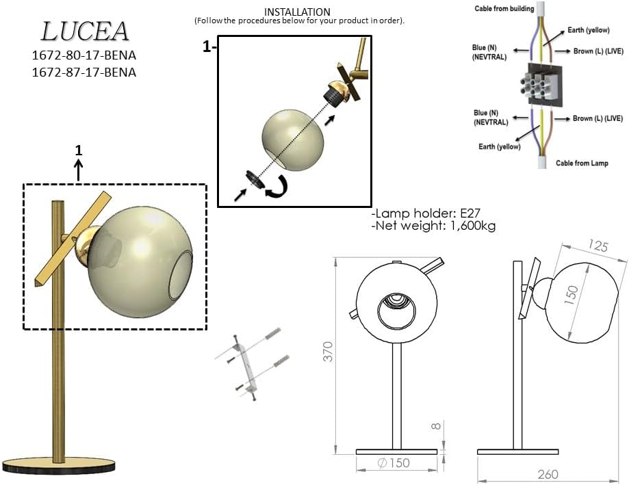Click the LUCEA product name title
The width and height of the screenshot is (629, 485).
tap(85, 31)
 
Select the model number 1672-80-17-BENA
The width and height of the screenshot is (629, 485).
tap(84, 55)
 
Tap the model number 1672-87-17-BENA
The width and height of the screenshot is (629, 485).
tap(84, 72)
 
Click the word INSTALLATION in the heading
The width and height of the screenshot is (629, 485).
tap(297, 12)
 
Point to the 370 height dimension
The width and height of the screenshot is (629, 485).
tap(328, 352)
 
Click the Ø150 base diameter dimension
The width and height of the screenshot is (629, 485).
tap(394, 463)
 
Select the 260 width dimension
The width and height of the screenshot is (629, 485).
tap(548, 475)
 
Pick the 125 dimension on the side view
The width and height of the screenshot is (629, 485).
tap(598, 246)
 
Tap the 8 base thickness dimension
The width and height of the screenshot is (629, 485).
tap(436, 426)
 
